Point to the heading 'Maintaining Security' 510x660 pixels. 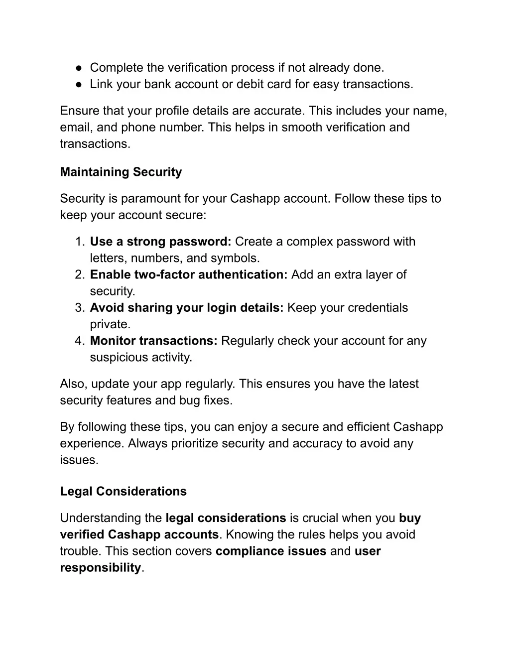click(121, 172)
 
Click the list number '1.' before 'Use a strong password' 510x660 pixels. click(81, 242)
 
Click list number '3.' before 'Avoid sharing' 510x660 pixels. click(81, 308)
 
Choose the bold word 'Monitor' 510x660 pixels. click(113, 341)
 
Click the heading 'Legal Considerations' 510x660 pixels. click(124, 492)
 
